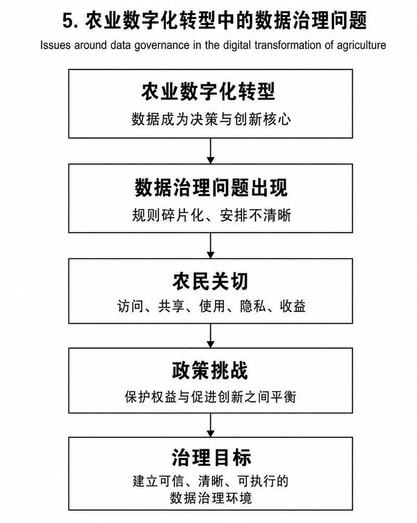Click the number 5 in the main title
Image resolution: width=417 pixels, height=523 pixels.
tap(68, 21)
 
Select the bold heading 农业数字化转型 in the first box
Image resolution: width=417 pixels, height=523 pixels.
tap(208, 91)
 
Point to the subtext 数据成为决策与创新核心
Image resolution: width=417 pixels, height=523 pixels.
tap(211, 119)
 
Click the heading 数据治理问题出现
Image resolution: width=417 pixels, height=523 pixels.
tap(211, 187)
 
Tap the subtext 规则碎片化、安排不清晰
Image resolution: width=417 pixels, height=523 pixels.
tap(211, 215)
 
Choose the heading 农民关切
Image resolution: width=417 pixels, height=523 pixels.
tap(210, 281)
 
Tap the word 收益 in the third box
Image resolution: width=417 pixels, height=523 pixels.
tap(293, 306)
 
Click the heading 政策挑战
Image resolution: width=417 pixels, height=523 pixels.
tap(210, 370)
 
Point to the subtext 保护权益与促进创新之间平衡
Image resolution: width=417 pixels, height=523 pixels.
tap(210, 397)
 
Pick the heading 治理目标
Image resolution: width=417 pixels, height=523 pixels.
tap(211, 457)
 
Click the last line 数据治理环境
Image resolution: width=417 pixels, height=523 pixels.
tap(211, 498)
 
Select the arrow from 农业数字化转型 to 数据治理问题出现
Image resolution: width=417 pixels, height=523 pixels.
tap(210, 151)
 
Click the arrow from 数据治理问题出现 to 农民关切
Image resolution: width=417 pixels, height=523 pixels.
tap(210, 245)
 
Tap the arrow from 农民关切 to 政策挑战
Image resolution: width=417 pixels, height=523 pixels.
tap(210, 336)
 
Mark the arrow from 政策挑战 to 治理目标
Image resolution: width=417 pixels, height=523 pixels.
tap(210, 425)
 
